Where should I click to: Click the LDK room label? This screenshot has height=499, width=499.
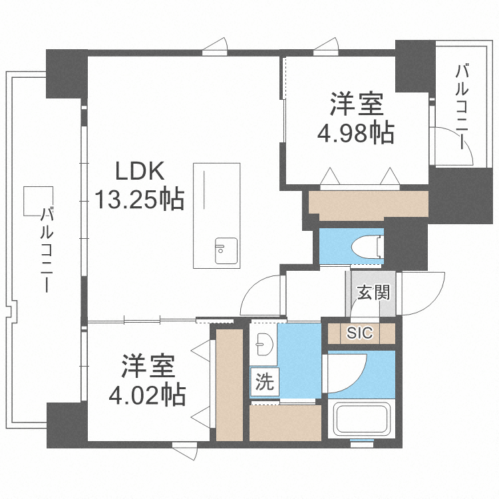point(140,172)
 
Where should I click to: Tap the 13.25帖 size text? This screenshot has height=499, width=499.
point(138,199)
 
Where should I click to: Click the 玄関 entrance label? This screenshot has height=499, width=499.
point(373,292)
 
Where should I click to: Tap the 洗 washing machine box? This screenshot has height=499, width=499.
point(265,383)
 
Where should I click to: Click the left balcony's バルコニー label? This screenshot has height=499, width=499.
point(47,249)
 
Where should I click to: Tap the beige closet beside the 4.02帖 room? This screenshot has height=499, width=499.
point(230,384)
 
